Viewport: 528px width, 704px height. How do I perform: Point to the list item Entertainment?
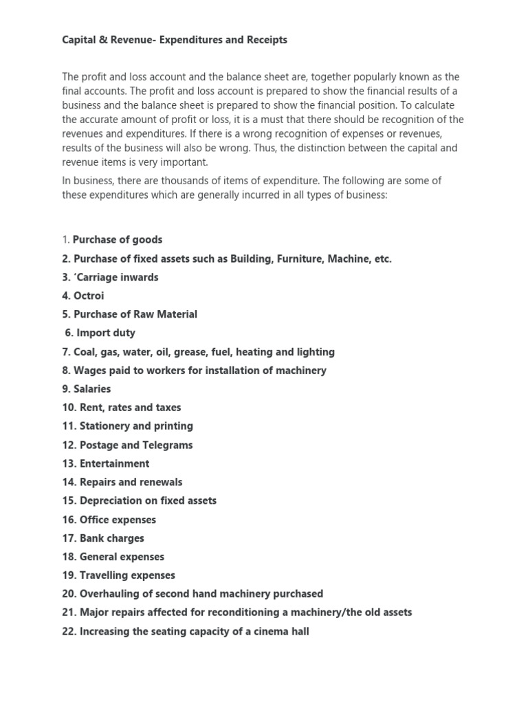click(x=105, y=463)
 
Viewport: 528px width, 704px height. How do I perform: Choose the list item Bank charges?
click(x=103, y=538)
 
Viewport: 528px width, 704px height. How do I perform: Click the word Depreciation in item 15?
click(x=110, y=500)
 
